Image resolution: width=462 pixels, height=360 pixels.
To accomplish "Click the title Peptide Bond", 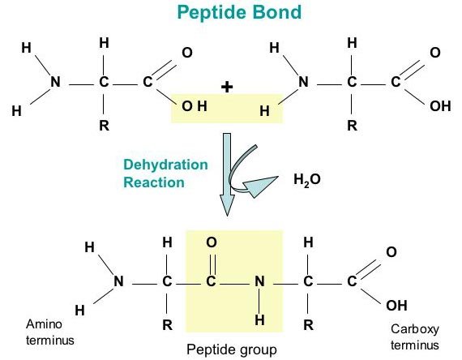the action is coord(239,12).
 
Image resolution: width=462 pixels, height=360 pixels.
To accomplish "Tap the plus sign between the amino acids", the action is coord(227,87).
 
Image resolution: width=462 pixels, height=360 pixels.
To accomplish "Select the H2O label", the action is coord(307,179).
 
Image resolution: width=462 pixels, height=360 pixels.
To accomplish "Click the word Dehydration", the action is coord(165,165).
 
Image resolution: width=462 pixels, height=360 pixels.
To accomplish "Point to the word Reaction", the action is coord(154,182).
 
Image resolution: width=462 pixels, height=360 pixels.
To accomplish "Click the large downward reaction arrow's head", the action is coord(227,205).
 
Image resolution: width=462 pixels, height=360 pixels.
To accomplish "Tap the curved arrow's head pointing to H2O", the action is coord(260,186).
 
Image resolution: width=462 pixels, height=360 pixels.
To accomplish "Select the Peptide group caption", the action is coord(232,349).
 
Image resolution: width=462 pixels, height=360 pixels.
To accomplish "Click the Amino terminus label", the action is coord(49,332).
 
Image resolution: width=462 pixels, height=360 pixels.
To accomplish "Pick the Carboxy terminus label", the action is coord(415,336).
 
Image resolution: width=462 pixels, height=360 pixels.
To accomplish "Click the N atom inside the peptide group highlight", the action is coord(259,281).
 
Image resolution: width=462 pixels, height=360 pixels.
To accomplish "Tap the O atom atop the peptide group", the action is coord(212,242).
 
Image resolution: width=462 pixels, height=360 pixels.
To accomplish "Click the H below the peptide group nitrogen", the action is coord(259,320).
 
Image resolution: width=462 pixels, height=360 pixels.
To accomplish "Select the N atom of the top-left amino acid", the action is coord(55,82).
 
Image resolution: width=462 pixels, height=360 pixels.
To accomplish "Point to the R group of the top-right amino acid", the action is coord(352,126).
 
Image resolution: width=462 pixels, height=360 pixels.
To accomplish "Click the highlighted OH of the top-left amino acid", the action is coord(195,106).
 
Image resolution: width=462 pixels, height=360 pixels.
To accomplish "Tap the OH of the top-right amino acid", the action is coord(440,106).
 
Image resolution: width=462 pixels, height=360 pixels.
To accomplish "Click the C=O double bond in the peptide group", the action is coord(212,264).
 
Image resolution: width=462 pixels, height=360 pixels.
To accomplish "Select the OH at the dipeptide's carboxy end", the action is coord(396,306).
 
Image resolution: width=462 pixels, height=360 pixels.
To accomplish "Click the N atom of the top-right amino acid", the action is coord(303,82).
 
